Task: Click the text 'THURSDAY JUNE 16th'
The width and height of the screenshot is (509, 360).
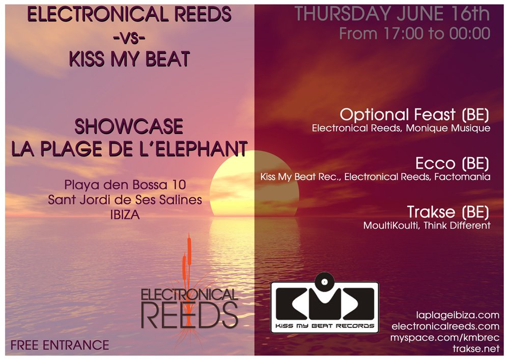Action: pos(392,14)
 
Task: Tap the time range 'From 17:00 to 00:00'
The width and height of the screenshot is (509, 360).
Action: pos(414,34)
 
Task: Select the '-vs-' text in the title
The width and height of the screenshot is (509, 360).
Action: pos(129,38)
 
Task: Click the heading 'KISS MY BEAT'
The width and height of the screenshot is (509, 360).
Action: pos(129,59)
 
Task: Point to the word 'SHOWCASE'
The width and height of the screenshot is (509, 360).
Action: pos(129,126)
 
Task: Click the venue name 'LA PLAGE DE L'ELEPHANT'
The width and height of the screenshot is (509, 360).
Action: pos(129,149)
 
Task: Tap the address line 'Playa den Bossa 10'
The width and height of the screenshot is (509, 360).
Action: pos(125,185)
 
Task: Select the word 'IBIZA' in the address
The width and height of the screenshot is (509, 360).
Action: pos(125,215)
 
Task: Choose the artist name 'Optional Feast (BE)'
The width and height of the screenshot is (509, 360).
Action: pos(414,115)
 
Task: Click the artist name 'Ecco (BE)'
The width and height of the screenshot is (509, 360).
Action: pos(452,163)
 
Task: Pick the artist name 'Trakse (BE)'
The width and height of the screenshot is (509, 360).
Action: pos(448,212)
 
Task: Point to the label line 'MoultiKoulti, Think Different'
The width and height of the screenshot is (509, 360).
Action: pos(427,225)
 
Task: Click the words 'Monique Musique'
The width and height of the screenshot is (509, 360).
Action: pos(448,128)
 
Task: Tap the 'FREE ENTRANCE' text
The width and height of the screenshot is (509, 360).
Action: pos(60,345)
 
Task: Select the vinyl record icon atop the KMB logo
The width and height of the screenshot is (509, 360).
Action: pos(324,282)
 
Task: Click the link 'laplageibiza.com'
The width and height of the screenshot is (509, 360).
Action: pos(458,315)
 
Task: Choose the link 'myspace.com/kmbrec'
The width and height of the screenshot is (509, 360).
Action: pos(445,338)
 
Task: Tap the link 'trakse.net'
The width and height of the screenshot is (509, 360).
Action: pos(476,349)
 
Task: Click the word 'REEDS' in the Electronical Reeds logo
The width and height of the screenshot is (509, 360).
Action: pos(189,315)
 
